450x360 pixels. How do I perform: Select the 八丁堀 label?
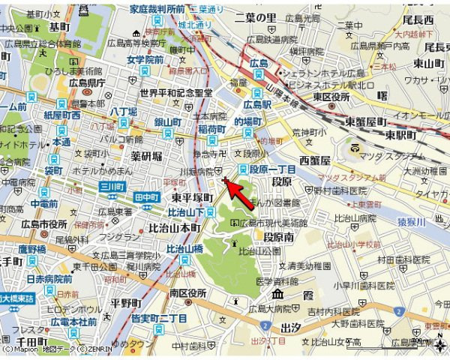pos(124,112)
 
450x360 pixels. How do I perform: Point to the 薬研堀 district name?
pos(146,156)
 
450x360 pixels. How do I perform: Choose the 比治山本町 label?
pos(174,227)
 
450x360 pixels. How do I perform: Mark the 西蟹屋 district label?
pos(315,160)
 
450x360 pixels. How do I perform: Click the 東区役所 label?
pos(331,96)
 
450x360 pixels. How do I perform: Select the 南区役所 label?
pos(187,292)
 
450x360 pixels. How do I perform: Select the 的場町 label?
pos(248,121)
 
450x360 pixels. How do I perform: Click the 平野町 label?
pos(125,302)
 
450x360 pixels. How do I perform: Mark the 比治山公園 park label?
pos(254,252)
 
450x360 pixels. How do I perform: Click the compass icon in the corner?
pos(438,346)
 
